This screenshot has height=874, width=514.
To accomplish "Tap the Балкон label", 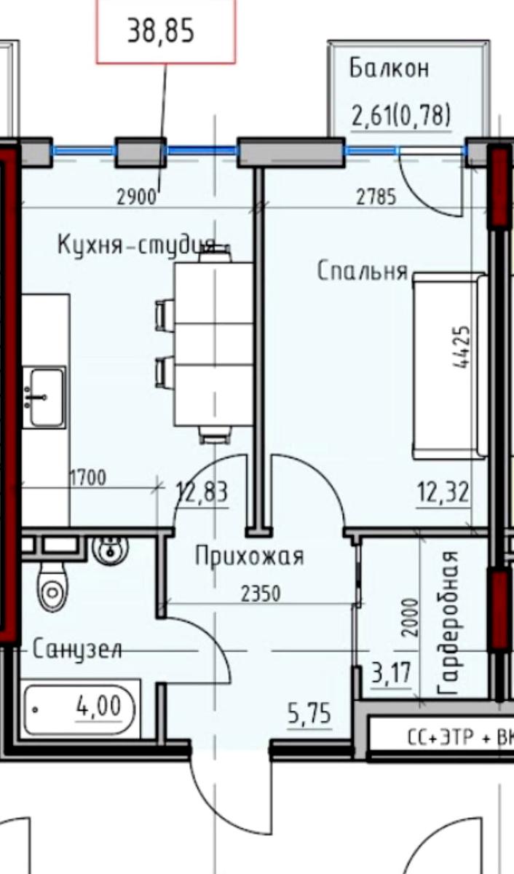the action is (390, 68).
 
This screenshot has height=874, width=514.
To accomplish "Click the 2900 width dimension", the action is (136, 197).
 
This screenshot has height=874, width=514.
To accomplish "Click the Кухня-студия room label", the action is (136, 245).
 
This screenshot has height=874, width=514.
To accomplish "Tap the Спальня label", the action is (363, 271).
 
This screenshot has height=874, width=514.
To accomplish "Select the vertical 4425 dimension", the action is (462, 347).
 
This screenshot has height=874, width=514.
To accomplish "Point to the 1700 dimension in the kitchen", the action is (88, 478).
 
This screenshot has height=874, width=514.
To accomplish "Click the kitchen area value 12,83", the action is (202, 492).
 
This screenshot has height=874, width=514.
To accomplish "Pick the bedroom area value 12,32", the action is (443, 492).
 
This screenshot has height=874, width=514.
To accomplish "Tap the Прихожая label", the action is (250, 556).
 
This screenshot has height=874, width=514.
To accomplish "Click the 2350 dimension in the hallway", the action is (261, 594).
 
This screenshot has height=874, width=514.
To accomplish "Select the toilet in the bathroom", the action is (53, 589).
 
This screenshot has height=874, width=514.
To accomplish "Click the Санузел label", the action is (77, 649).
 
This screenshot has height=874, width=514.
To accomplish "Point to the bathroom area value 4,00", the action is (99, 706).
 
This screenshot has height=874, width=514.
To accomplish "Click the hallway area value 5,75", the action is (309, 713).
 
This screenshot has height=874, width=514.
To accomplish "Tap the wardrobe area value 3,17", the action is (391, 672).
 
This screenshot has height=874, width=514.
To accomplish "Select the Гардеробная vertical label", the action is (447, 623).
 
